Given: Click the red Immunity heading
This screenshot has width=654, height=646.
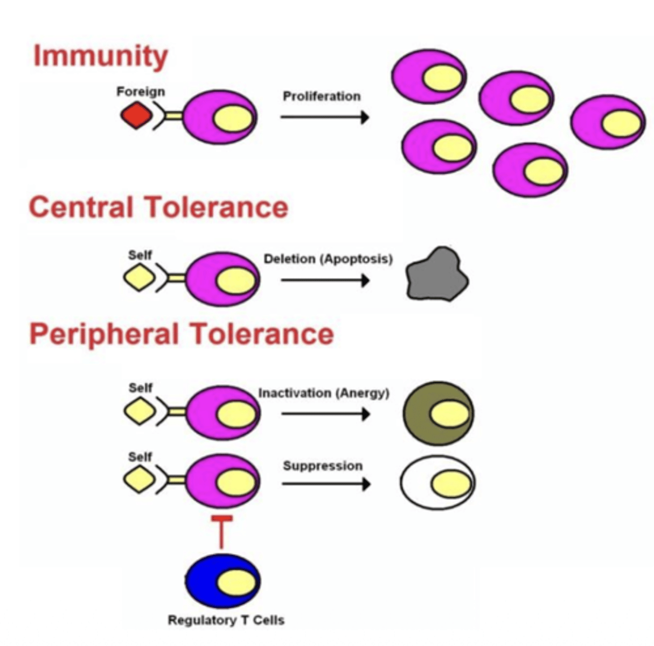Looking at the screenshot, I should coord(100,57).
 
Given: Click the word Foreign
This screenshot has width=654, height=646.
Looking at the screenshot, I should coord(141,92).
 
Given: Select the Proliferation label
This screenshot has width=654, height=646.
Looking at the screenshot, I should coord(322,96).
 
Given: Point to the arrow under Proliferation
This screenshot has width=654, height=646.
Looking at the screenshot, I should coord(324,117).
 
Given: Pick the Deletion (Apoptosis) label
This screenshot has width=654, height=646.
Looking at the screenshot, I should coord(328,259).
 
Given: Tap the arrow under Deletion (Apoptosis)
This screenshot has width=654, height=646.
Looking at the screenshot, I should coord(325,280).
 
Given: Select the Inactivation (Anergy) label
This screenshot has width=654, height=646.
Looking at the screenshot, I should coord(323,393).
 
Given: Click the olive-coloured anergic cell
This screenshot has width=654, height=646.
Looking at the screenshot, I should coord(438,413).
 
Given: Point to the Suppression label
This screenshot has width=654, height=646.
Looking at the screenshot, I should coord(323,466).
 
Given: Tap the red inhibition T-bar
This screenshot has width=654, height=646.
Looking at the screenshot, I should coord(221,530).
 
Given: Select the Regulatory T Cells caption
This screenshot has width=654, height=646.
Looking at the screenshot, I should coord(226,620).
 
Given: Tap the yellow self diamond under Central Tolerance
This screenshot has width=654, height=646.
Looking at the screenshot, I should coord(140,279).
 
